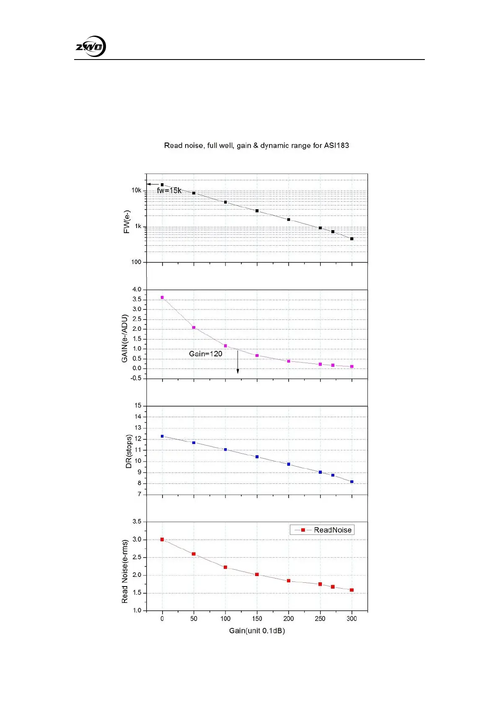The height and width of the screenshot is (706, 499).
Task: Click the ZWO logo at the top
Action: pyautogui.click(x=90, y=47)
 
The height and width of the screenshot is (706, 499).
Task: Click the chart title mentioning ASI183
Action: pyautogui.click(x=256, y=145)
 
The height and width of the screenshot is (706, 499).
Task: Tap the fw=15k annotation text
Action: pyautogui.click(x=169, y=191)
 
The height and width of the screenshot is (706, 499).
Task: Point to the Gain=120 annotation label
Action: pyautogui.click(x=205, y=354)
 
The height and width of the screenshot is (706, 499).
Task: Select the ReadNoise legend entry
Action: pyautogui.click(x=322, y=530)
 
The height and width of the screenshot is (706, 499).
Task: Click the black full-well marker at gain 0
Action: pyautogui.click(x=162, y=184)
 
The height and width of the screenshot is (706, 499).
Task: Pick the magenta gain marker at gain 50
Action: pyautogui.click(x=194, y=327)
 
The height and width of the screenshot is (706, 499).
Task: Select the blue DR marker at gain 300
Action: pyautogui.click(x=352, y=482)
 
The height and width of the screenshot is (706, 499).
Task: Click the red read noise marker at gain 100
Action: pyautogui.click(x=225, y=567)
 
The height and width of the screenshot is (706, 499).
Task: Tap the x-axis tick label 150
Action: pyautogui.click(x=257, y=619)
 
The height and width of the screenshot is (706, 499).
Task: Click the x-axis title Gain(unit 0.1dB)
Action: pyautogui.click(x=257, y=631)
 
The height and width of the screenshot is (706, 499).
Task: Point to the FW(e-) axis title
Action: pyautogui.click(x=127, y=222)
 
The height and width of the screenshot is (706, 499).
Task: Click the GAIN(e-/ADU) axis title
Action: pyautogui.click(x=124, y=338)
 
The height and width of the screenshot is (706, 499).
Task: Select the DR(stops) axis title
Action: pyautogui.click(x=129, y=451)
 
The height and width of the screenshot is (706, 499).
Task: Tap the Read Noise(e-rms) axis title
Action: pyautogui.click(x=124, y=571)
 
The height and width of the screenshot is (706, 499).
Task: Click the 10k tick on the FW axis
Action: pyautogui.click(x=136, y=190)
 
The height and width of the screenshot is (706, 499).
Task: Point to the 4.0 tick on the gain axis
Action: pyautogui.click(x=137, y=290)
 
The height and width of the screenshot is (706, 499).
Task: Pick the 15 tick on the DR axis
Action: pyautogui.click(x=138, y=406)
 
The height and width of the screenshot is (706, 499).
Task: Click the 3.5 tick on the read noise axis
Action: pyautogui.click(x=137, y=522)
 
